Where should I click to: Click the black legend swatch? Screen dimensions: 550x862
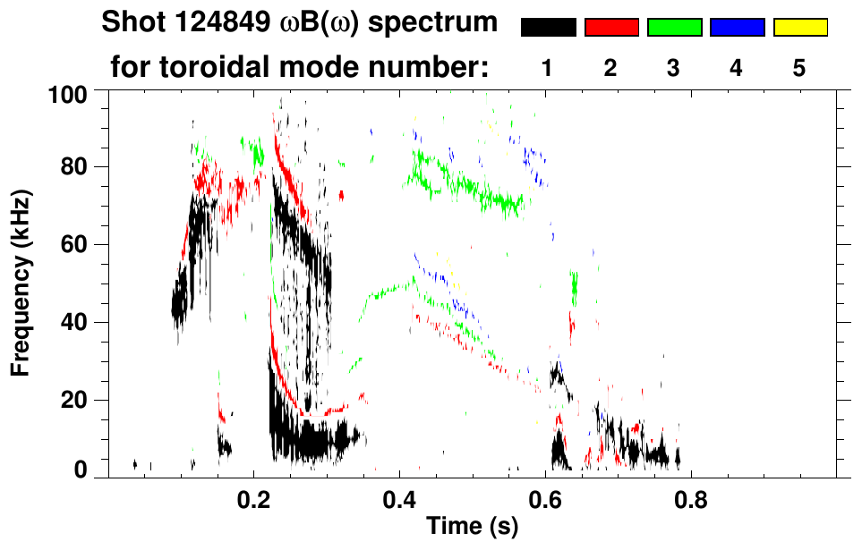pyautogui.click(x=549, y=27)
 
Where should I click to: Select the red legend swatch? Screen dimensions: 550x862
pyautogui.click(x=611, y=27)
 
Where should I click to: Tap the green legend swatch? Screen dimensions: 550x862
pyautogui.click(x=674, y=27)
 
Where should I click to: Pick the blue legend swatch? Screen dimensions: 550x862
pyautogui.click(x=738, y=27)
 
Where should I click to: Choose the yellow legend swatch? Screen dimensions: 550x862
pyautogui.click(x=800, y=27)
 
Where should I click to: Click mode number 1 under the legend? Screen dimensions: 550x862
pyautogui.click(x=548, y=69)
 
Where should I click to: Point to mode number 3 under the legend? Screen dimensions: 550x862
pyautogui.click(x=674, y=69)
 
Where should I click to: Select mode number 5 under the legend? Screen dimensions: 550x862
pyautogui.click(x=800, y=69)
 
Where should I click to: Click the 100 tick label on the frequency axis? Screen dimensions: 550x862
pyautogui.click(x=68, y=93)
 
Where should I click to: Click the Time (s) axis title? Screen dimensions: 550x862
pyautogui.click(x=471, y=528)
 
